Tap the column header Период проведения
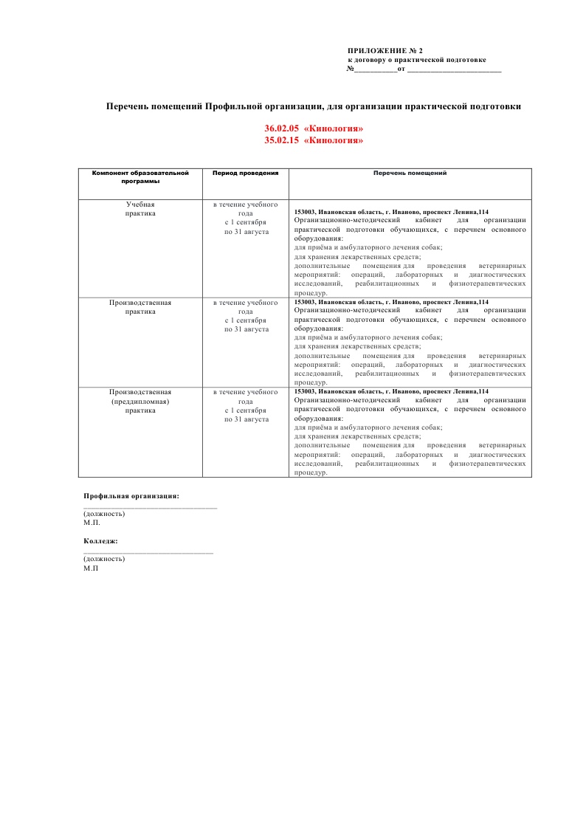click(x=245, y=173)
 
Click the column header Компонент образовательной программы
click(x=140, y=176)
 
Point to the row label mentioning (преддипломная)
click(x=140, y=401)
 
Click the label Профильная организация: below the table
click(x=131, y=496)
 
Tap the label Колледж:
click(x=101, y=541)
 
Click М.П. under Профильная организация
click(x=92, y=522)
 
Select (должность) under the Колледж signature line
click(x=104, y=559)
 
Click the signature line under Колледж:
click(x=148, y=552)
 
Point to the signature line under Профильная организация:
click(x=150, y=507)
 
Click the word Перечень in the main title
click(x=131, y=106)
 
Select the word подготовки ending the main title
click(x=494, y=106)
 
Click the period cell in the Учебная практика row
click(x=245, y=218)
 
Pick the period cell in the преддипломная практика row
click(x=245, y=405)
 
